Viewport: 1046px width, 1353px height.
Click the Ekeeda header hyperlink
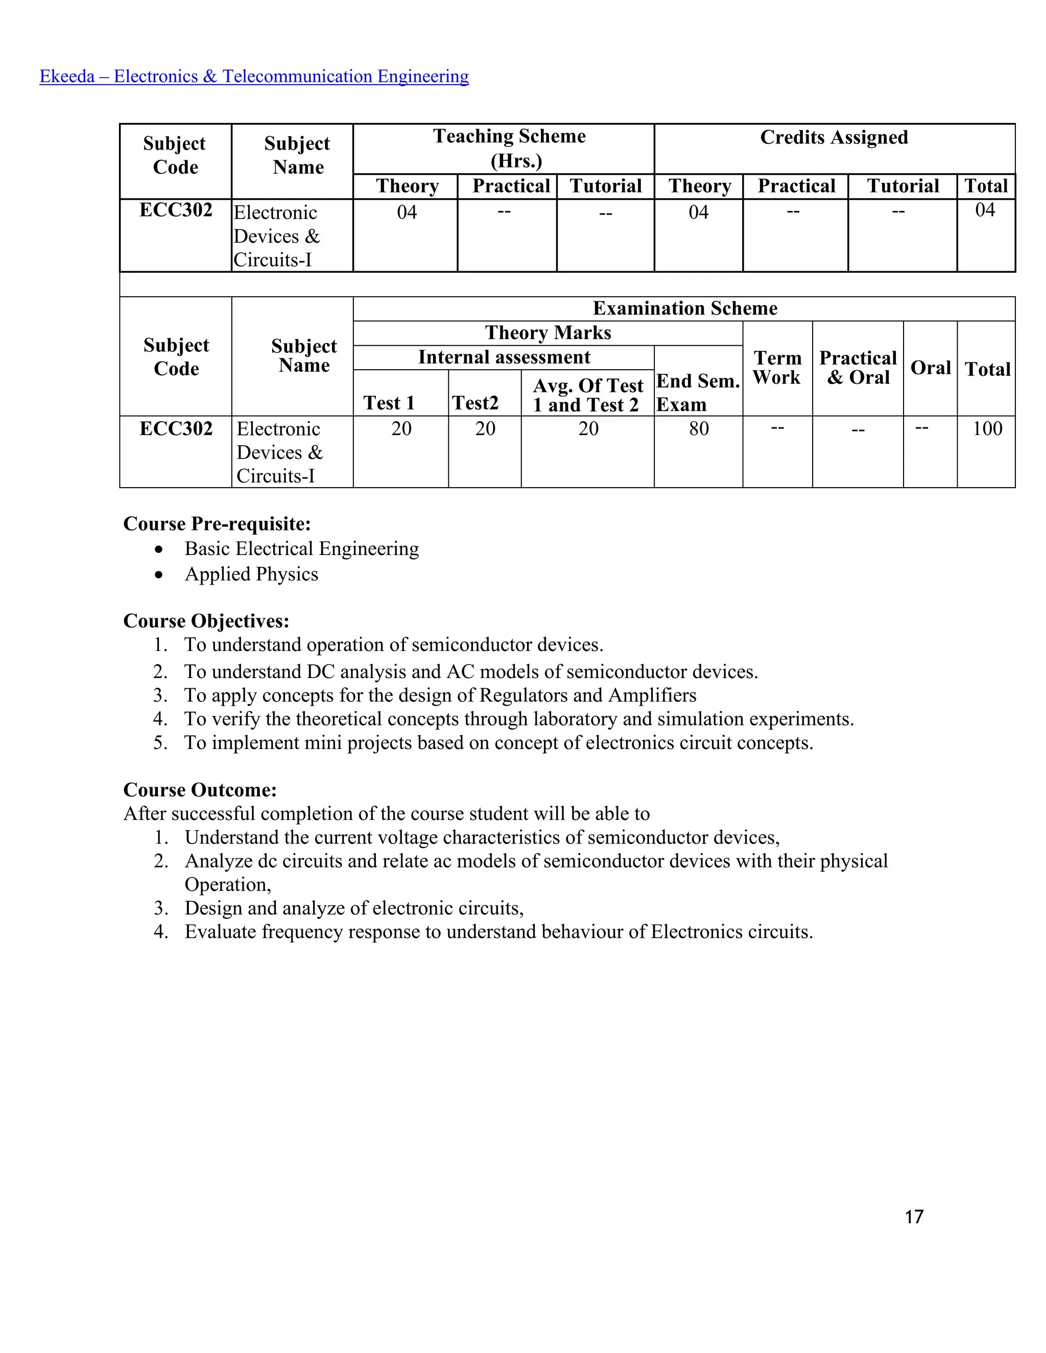[x=254, y=76]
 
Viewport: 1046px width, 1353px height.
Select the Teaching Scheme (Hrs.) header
[x=509, y=148]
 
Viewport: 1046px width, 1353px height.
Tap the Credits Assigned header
[x=834, y=137]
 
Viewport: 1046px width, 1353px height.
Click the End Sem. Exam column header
[x=698, y=392]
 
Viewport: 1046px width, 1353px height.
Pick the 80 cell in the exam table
[x=698, y=429]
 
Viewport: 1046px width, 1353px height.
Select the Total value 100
[x=987, y=429]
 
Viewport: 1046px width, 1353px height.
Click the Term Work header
[x=777, y=368]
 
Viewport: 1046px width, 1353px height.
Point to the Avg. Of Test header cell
[x=587, y=395]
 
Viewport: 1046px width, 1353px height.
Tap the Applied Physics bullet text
[x=251, y=574]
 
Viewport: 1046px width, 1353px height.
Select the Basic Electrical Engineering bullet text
[x=301, y=548]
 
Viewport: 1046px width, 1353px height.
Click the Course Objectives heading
[x=206, y=621]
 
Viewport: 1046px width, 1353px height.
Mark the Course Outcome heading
[x=200, y=790]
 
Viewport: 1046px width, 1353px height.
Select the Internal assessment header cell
[x=504, y=357]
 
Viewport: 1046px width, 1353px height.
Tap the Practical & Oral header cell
[x=858, y=368]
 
